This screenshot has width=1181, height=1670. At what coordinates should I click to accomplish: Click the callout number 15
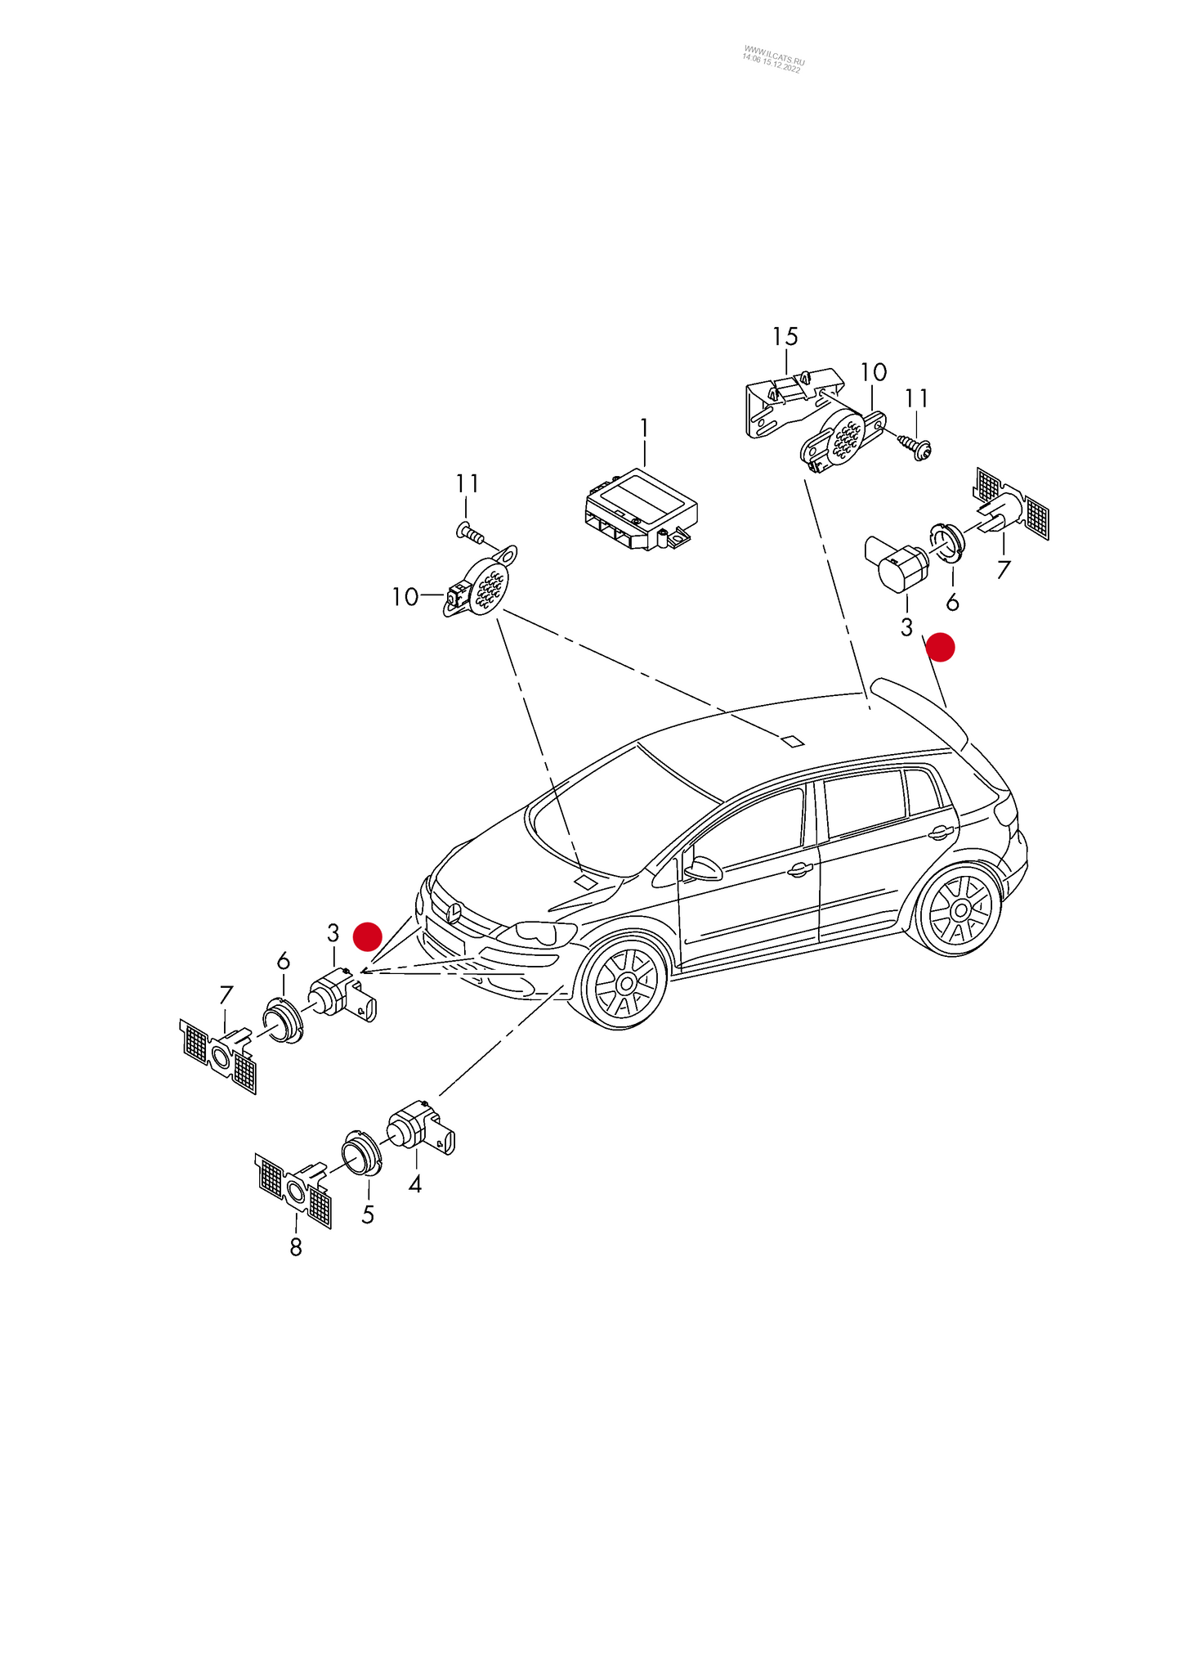click(x=785, y=336)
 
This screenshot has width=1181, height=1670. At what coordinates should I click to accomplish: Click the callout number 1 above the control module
click(x=644, y=429)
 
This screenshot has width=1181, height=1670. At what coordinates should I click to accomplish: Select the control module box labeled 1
click(x=642, y=509)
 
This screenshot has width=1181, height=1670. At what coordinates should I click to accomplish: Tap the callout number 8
click(x=296, y=1247)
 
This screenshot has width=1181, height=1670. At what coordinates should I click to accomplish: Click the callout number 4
click(x=415, y=1183)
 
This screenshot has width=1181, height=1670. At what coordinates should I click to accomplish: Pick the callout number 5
click(x=368, y=1214)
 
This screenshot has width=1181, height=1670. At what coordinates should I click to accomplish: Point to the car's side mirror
click(x=702, y=867)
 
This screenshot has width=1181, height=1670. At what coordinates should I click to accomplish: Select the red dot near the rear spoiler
click(x=941, y=647)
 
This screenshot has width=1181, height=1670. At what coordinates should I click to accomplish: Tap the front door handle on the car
click(x=800, y=870)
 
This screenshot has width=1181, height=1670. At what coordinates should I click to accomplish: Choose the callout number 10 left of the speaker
click(x=405, y=597)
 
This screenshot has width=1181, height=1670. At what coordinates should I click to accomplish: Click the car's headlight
click(x=535, y=932)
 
